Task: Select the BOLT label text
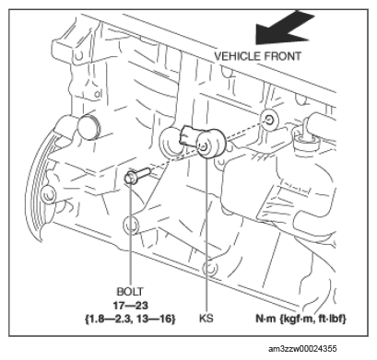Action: click(x=130, y=291)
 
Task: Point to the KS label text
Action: click(x=206, y=319)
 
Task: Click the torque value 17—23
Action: click(x=130, y=306)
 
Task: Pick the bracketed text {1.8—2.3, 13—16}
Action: click(x=130, y=319)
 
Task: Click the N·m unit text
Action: click(x=265, y=319)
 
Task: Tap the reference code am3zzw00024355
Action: click(x=302, y=349)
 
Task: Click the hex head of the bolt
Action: click(x=130, y=178)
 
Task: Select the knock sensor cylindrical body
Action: click(x=211, y=144)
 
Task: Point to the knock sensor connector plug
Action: click(x=189, y=135)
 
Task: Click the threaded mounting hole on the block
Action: click(x=269, y=119)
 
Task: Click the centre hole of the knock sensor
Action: click(x=205, y=146)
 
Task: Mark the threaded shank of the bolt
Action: click(x=143, y=172)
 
